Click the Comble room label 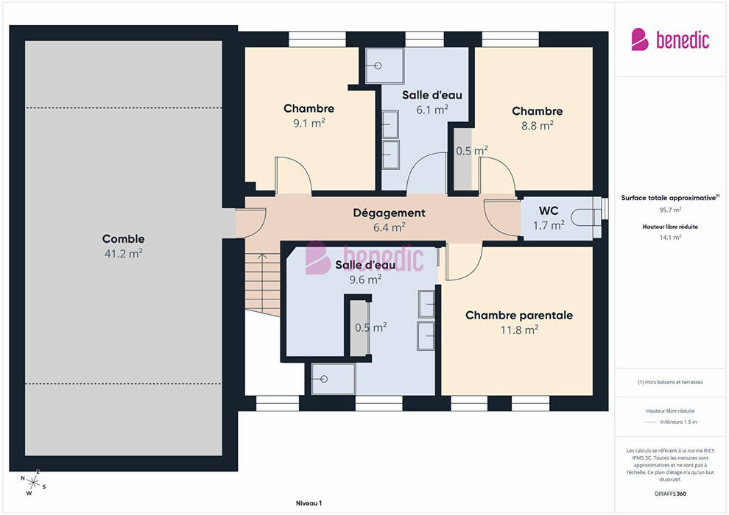[x=123, y=238]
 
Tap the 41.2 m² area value [x=123, y=254]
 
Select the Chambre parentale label [x=519, y=316]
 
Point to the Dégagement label [x=389, y=213]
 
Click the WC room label [x=549, y=211]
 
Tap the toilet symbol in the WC [x=585, y=217]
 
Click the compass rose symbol [x=33, y=483]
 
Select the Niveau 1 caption [x=309, y=503]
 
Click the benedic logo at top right [x=670, y=40]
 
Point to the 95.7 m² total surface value [x=670, y=210]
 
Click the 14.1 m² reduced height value [x=670, y=238]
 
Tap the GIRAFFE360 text [x=670, y=494]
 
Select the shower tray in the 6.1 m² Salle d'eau [x=384, y=65]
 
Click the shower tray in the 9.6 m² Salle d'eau [x=334, y=379]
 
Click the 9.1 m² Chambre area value [x=309, y=123]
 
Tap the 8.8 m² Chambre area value [x=538, y=125]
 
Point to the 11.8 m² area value [x=519, y=330]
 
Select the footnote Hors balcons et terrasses [x=670, y=382]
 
